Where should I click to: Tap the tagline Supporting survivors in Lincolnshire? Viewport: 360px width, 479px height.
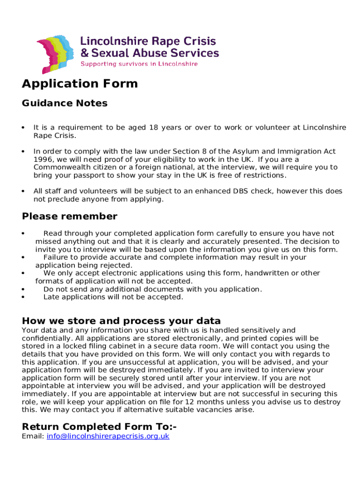(x=139, y=64)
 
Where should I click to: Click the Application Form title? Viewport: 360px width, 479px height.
(x=80, y=84)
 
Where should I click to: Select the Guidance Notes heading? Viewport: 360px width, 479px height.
(x=65, y=103)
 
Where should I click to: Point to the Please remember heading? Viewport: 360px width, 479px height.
(x=70, y=217)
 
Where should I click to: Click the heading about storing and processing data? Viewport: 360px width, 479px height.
(x=121, y=321)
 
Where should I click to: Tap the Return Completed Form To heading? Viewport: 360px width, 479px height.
(x=99, y=427)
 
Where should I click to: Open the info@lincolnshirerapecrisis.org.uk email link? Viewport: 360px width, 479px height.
(x=108, y=436)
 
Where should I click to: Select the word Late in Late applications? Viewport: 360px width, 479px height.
(x=51, y=297)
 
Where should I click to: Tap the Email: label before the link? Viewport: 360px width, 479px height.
(x=33, y=436)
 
